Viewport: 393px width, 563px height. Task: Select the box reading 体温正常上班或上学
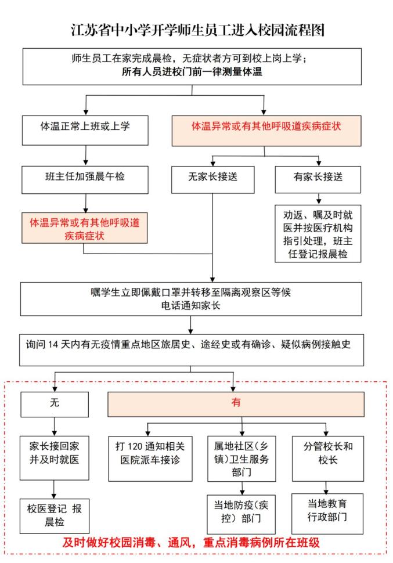point(85,131)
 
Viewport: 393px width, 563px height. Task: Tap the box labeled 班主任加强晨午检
point(85,180)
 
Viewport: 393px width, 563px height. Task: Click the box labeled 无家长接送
point(212,180)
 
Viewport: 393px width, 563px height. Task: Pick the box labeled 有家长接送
point(318,180)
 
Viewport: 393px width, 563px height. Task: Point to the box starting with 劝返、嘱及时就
point(318,234)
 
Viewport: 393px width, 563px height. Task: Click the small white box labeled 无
point(55,405)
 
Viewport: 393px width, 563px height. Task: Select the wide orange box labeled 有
point(236,405)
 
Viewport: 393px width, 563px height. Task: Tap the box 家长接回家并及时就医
point(54,458)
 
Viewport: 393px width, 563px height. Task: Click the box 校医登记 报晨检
point(54,516)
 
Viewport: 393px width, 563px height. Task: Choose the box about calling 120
point(150,459)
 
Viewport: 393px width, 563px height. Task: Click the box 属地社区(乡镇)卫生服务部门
point(241,459)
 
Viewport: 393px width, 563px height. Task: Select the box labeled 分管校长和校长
point(328,459)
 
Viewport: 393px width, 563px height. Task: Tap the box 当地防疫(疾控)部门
point(241,514)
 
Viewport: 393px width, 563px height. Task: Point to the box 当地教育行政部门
point(327,514)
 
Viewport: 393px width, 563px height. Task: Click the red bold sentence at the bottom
point(191,543)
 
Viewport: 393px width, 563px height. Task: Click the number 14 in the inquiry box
point(53,345)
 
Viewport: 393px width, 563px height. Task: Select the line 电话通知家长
point(190,306)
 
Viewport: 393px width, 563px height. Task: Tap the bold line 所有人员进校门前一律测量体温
point(192,72)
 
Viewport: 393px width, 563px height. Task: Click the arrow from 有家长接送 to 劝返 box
point(319,199)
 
